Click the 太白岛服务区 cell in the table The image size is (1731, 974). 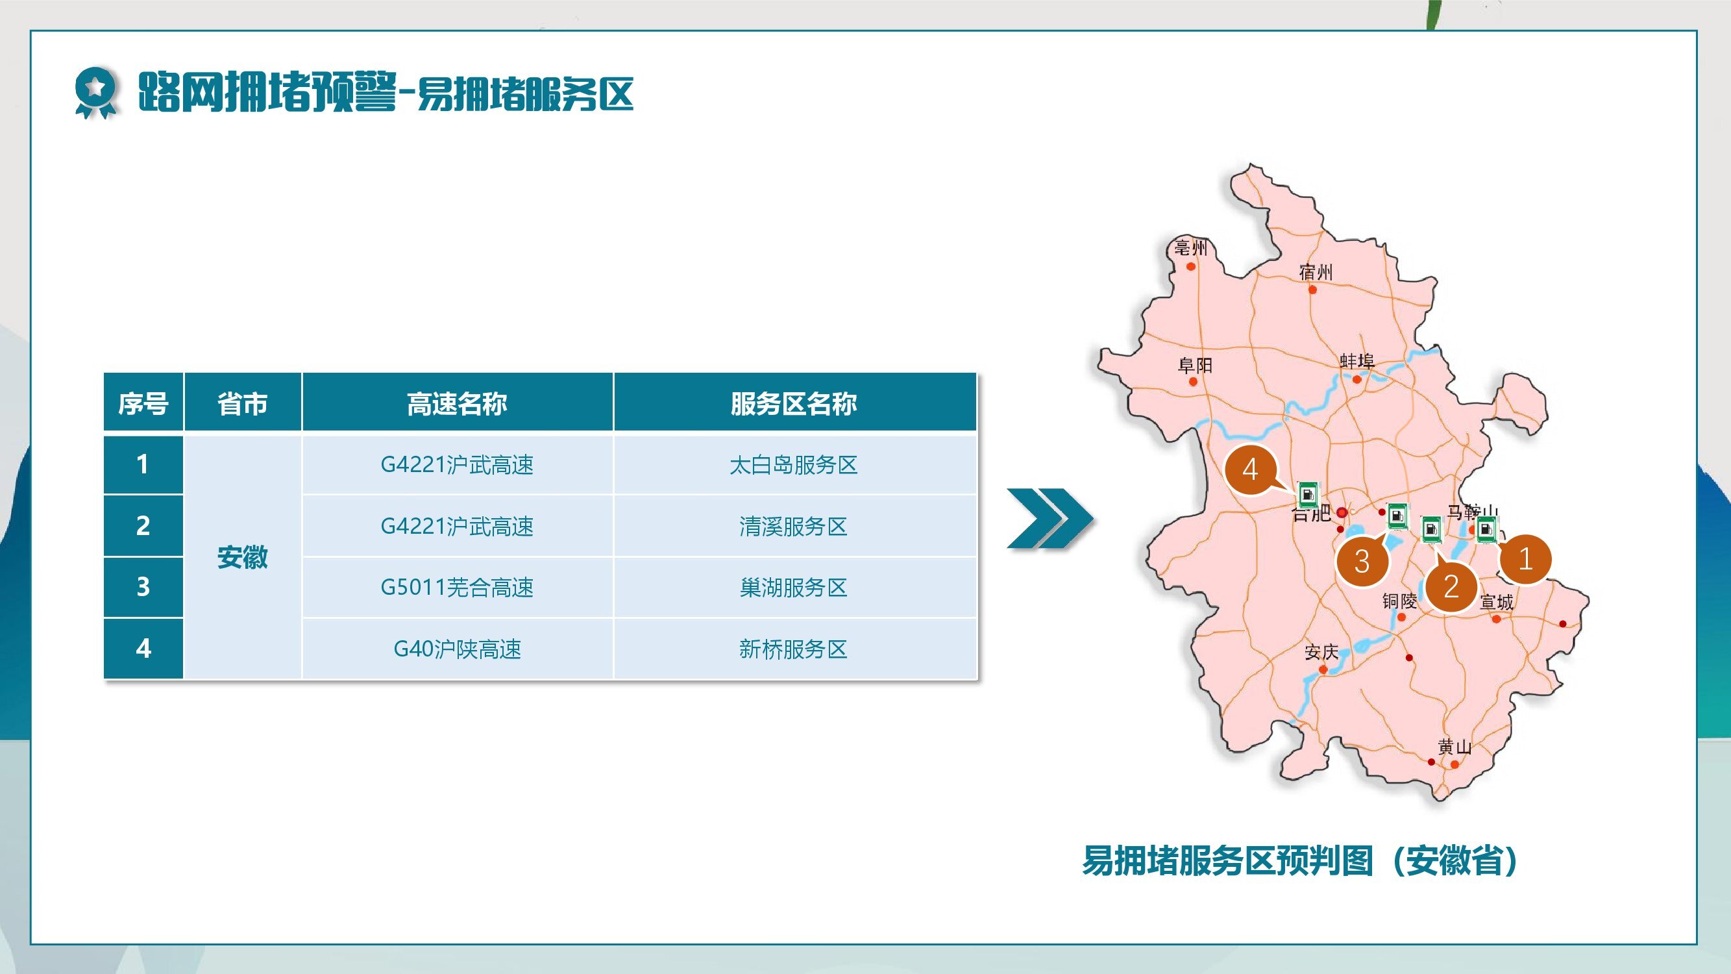pyautogui.click(x=794, y=464)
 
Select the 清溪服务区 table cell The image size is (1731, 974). pyautogui.click(x=794, y=526)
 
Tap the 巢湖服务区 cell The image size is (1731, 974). pyautogui.click(x=794, y=588)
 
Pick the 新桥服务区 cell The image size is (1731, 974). pyautogui.click(x=794, y=649)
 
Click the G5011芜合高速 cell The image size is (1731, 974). pyautogui.click(x=457, y=588)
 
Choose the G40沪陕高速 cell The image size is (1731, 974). pyautogui.click(x=457, y=649)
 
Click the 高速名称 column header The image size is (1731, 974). pyautogui.click(x=457, y=403)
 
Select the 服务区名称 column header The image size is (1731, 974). pyautogui.click(x=794, y=403)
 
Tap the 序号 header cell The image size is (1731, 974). pyautogui.click(x=143, y=403)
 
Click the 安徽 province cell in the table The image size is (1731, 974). pyautogui.click(x=243, y=557)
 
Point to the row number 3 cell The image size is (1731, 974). pyautogui.click(x=143, y=588)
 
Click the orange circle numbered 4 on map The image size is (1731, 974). pyautogui.click(x=1250, y=469)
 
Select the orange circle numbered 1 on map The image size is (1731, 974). pyautogui.click(x=1525, y=558)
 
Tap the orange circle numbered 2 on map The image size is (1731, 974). pyautogui.click(x=1451, y=587)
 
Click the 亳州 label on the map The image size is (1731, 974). pyautogui.click(x=1191, y=248)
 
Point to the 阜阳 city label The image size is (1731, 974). pyautogui.click(x=1196, y=365)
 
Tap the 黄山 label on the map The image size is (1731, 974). pyautogui.click(x=1455, y=747)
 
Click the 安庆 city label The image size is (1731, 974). pyautogui.click(x=1321, y=652)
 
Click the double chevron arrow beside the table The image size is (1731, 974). pyautogui.click(x=1050, y=518)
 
